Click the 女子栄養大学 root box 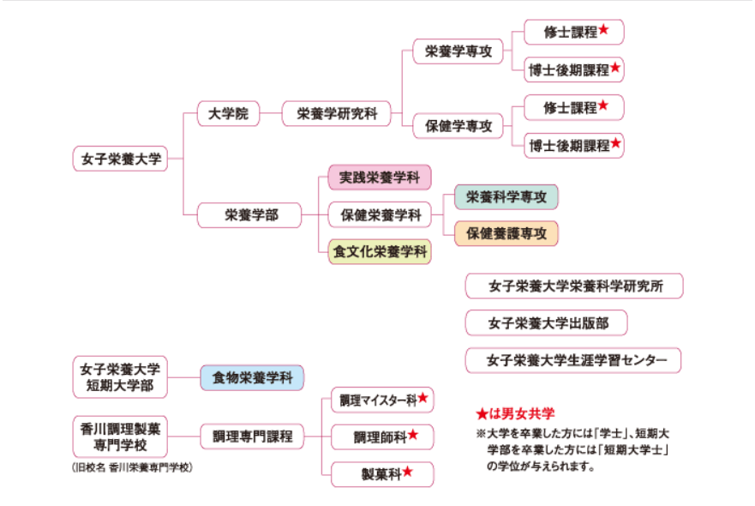[121, 159]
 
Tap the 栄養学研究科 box [336, 112]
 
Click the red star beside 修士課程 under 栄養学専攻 [604, 30]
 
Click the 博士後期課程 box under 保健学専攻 [574, 145]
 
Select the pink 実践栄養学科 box [380, 178]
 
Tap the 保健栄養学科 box [380, 214]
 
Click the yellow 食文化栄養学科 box [380, 251]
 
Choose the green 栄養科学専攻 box [506, 196]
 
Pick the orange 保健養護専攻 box [506, 233]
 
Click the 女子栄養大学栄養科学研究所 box [573, 286]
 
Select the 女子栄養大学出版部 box [545, 322]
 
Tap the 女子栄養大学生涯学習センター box [572, 359]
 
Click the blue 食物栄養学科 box [252, 377]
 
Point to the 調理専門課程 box [252, 437]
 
